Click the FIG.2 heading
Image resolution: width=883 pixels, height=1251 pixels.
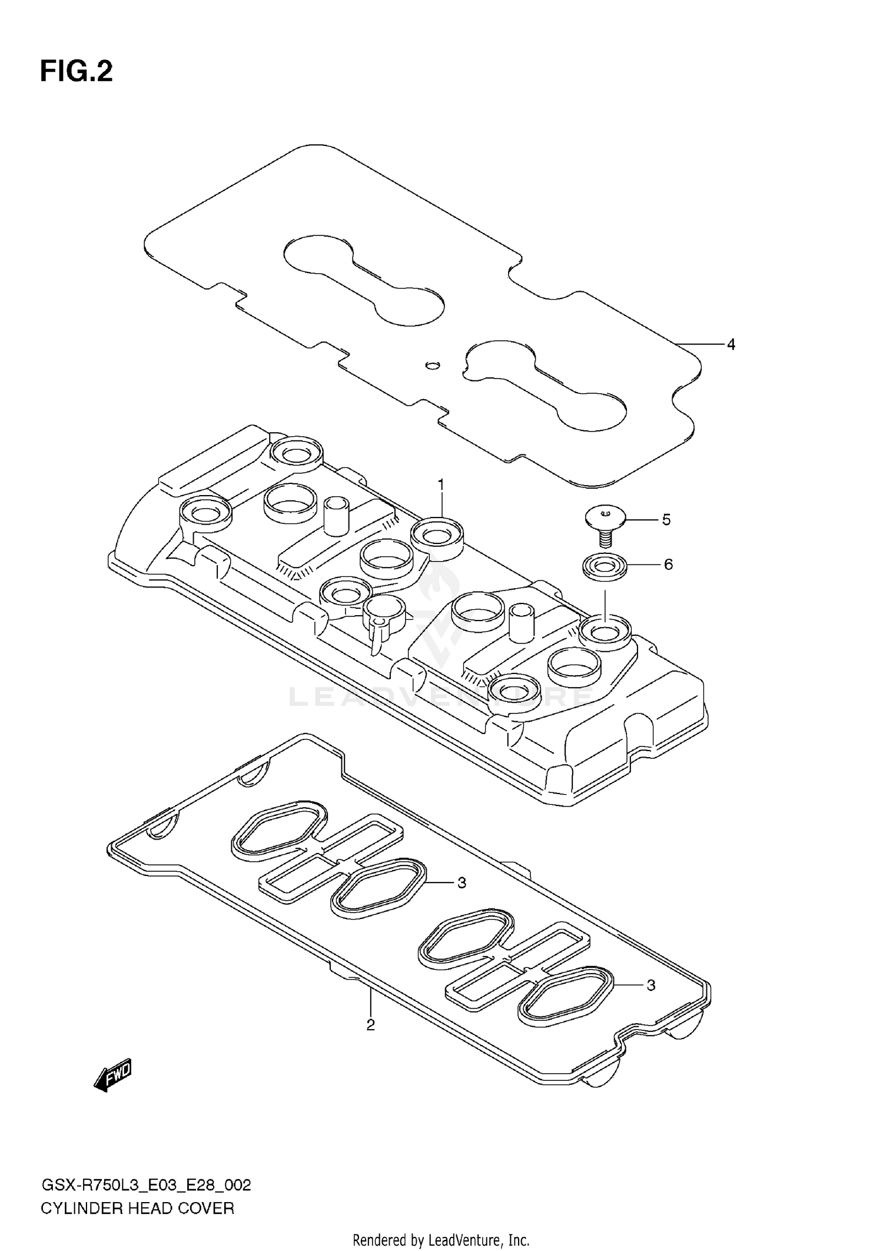tap(76, 72)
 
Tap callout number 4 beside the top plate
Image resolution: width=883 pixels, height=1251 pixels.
tap(731, 344)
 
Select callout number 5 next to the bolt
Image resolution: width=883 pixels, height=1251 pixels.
tap(666, 520)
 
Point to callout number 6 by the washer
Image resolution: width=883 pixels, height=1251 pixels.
tap(668, 565)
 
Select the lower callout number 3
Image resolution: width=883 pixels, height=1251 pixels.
tap(650, 985)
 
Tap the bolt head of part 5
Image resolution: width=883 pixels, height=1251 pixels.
tap(603, 518)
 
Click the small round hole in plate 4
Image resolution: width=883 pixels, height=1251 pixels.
tap(433, 366)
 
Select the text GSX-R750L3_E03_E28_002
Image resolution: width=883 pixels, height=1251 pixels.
tap(146, 1185)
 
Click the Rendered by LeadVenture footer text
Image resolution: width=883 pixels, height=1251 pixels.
tap(441, 1240)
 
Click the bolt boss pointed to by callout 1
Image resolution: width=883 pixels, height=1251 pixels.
tap(437, 536)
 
